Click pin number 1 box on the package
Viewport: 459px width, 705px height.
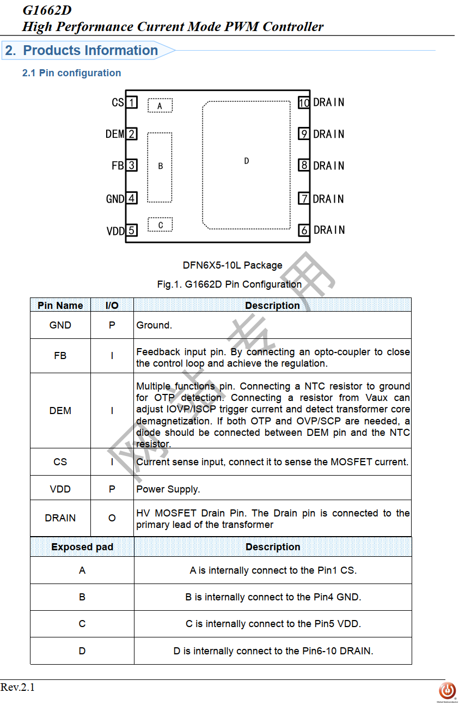pos(131,102)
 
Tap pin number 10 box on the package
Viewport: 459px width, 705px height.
pos(304,102)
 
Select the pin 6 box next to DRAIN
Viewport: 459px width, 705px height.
pos(304,230)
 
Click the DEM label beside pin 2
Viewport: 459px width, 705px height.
pos(115,134)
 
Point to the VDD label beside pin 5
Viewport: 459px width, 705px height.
pos(115,231)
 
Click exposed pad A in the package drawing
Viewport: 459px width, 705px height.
pos(160,105)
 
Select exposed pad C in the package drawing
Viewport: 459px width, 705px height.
pos(160,224)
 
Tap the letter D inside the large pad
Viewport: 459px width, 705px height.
pos(247,161)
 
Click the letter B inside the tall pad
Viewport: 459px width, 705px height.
pos(160,166)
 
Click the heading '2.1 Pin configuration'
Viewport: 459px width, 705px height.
pos(71,73)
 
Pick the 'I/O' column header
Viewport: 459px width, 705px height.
pos(112,305)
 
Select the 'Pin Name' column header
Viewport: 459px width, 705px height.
pos(60,305)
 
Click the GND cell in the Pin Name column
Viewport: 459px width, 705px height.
pos(60,325)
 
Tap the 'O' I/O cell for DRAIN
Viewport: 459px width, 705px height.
pos(112,518)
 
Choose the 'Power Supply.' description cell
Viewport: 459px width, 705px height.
pos(168,489)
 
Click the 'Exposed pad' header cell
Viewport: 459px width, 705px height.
pos(82,547)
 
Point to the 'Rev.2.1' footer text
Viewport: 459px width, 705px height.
pos(17,688)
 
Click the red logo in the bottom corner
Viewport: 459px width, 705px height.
pos(447,690)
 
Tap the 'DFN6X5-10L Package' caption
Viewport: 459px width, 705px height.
pos(232,265)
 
